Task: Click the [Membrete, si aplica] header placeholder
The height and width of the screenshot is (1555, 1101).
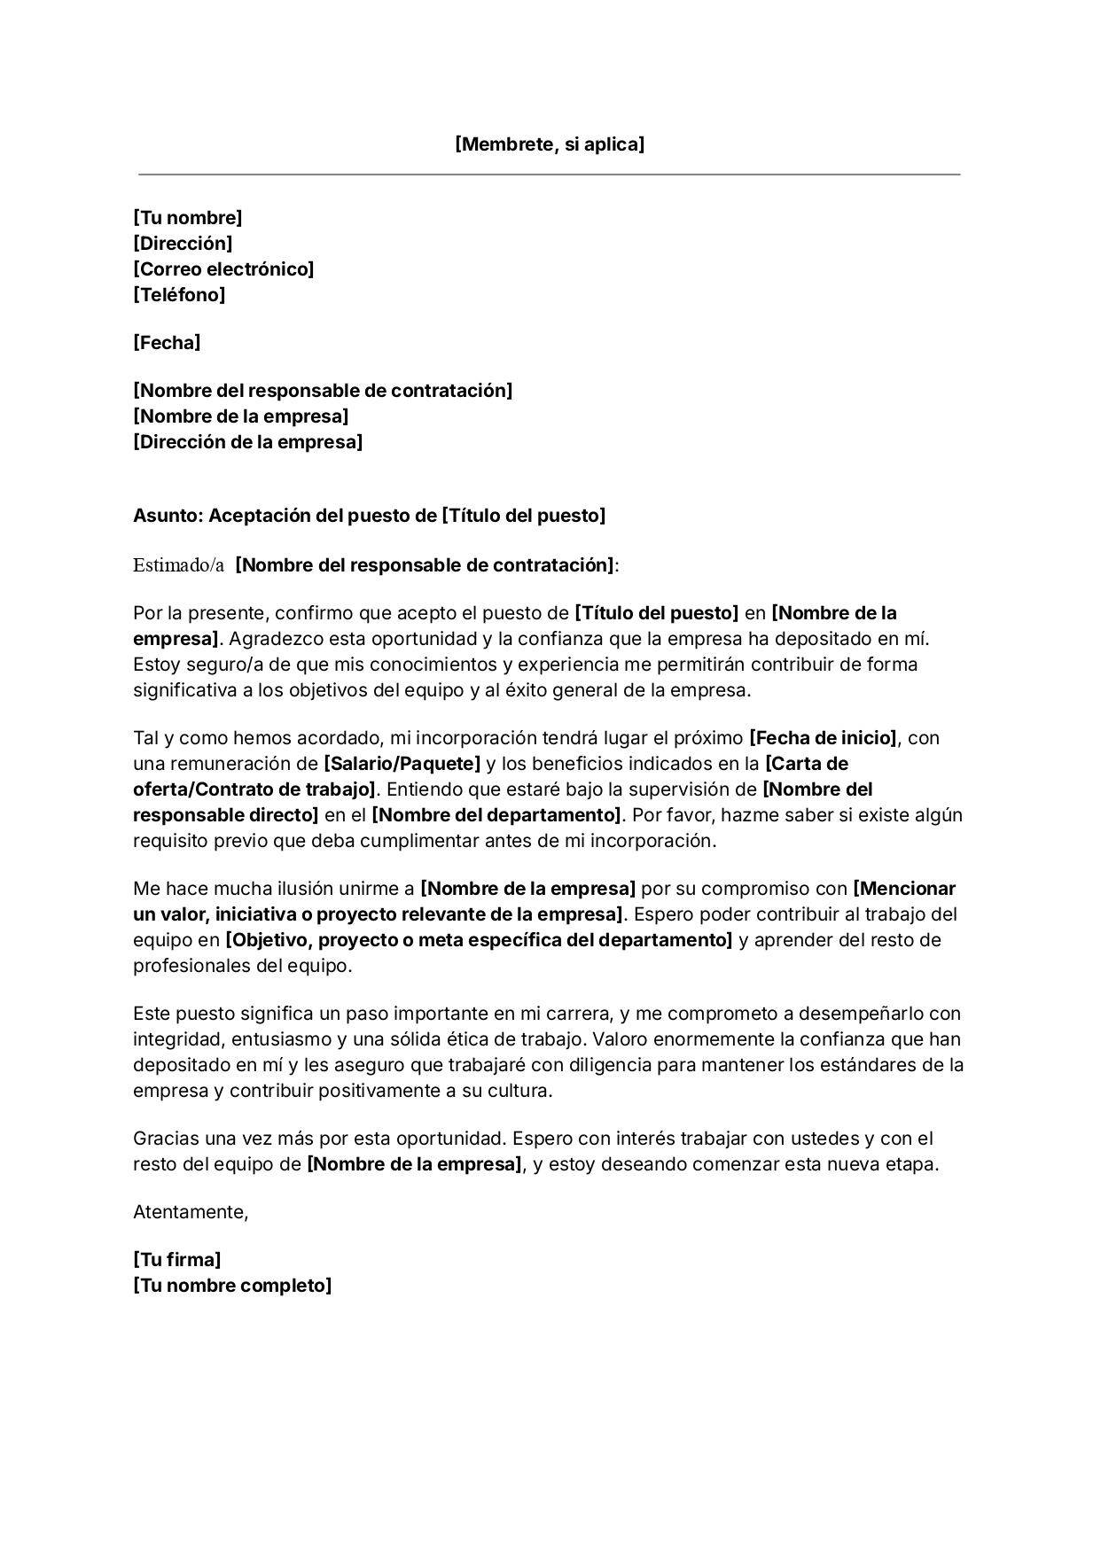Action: (x=550, y=144)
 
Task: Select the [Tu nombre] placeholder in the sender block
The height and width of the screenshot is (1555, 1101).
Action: (x=187, y=218)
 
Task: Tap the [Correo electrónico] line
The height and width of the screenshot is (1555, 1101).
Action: (x=223, y=269)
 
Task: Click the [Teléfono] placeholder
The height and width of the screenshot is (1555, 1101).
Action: (x=179, y=295)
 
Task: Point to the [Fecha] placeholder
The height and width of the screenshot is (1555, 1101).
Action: (x=167, y=343)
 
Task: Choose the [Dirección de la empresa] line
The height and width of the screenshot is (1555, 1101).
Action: (x=247, y=442)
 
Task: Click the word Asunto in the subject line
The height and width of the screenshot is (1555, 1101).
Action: (x=166, y=517)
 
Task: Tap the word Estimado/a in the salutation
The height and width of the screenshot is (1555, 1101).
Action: (x=178, y=565)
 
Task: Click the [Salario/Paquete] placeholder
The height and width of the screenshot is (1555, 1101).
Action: (x=402, y=764)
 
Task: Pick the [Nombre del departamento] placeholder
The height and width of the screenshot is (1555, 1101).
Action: (x=498, y=815)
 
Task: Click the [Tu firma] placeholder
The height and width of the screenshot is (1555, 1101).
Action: (x=176, y=1260)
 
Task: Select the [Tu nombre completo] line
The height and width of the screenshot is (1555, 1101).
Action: (x=231, y=1286)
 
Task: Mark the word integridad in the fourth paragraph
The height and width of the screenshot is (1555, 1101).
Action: (x=173, y=1039)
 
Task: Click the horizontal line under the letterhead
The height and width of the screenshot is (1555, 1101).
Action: (x=550, y=175)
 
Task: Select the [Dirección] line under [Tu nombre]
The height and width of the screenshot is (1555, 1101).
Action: (x=183, y=244)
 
